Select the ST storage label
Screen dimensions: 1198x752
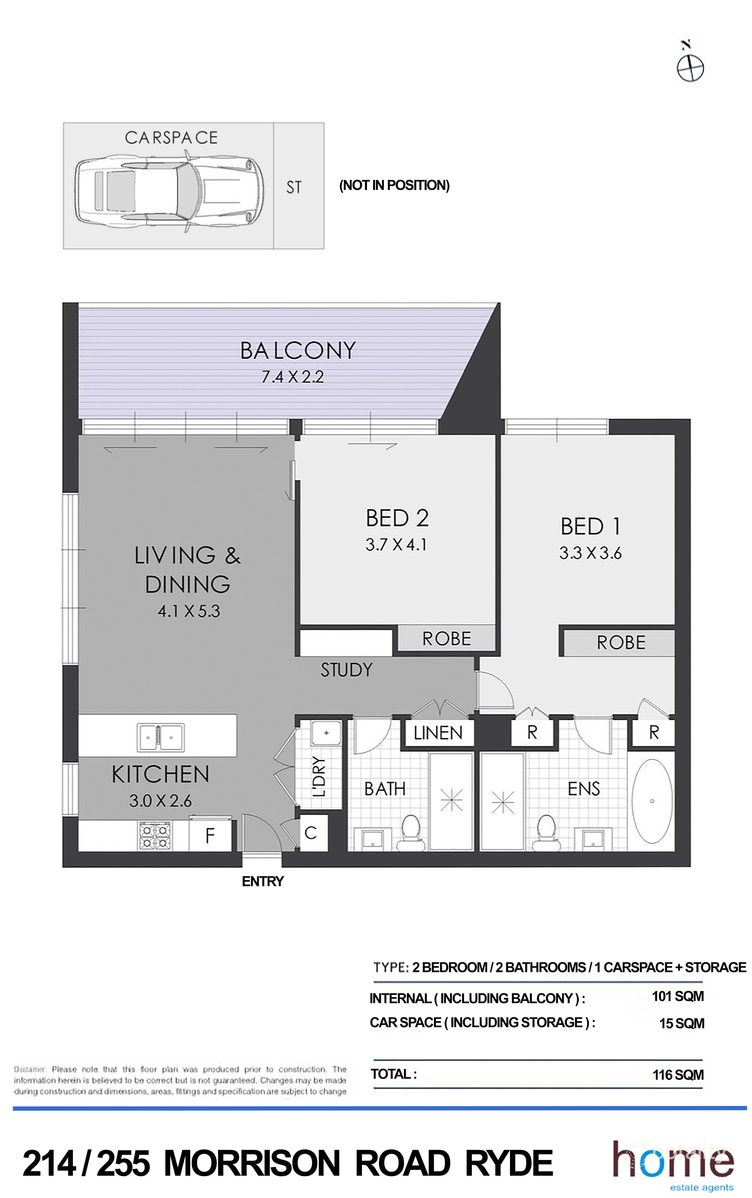[293, 188]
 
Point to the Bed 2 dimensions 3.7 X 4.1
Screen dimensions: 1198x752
[396, 545]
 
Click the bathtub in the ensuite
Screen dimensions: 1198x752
[652, 801]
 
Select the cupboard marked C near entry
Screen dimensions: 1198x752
[311, 832]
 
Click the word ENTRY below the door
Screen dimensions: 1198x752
[263, 882]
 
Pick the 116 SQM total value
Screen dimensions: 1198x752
[678, 1075]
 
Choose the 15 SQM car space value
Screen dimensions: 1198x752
[681, 1024]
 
